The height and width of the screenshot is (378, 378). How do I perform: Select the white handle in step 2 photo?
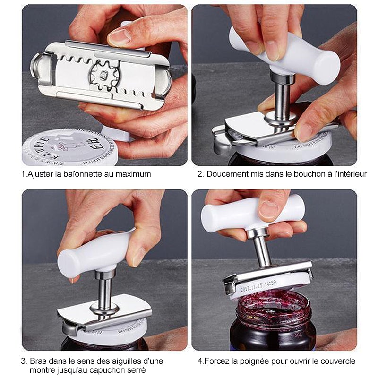283,54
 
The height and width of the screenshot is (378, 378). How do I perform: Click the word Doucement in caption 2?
225,174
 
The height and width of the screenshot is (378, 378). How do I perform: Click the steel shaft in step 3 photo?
104,288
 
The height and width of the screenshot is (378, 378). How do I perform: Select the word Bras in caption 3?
38,361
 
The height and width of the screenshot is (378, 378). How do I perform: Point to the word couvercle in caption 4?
337,361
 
